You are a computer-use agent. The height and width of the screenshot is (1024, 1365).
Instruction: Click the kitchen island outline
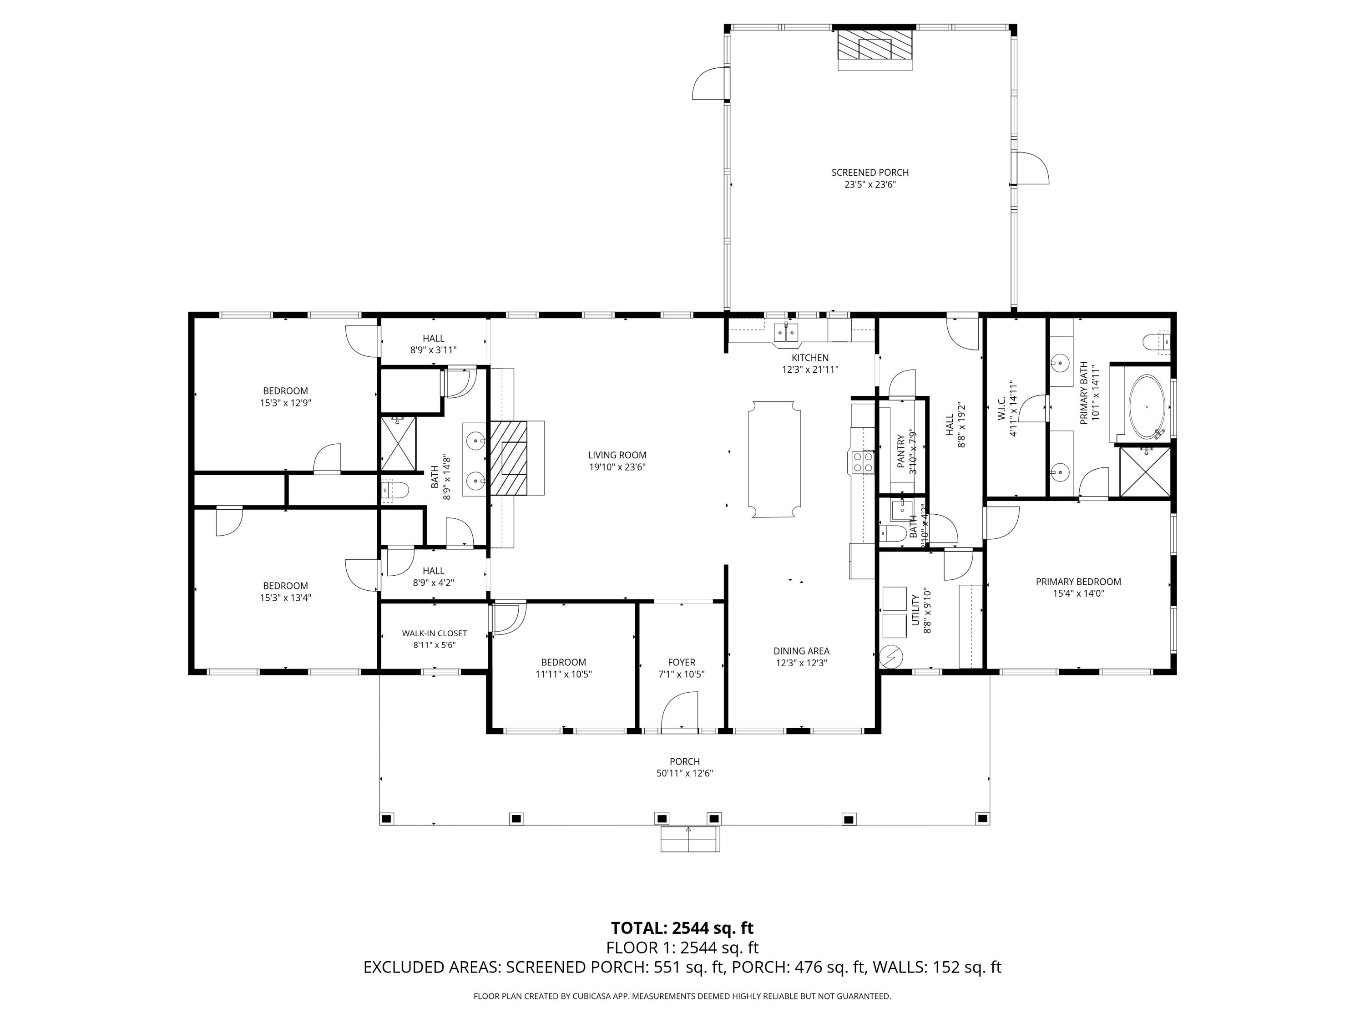[774, 460]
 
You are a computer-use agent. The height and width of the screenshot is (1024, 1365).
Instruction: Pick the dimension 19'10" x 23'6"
[617, 467]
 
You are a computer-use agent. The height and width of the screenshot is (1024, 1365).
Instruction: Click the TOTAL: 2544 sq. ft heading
[682, 928]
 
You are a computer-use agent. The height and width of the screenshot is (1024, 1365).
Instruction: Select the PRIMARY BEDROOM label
[1078, 582]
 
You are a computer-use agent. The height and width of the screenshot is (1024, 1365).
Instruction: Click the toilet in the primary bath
[1156, 342]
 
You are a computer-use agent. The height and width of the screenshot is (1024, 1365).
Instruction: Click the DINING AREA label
[801, 650]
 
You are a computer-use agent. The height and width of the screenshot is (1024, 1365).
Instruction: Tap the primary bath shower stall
[1145, 471]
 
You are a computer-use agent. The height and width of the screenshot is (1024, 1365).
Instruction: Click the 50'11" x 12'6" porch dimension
[684, 773]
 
